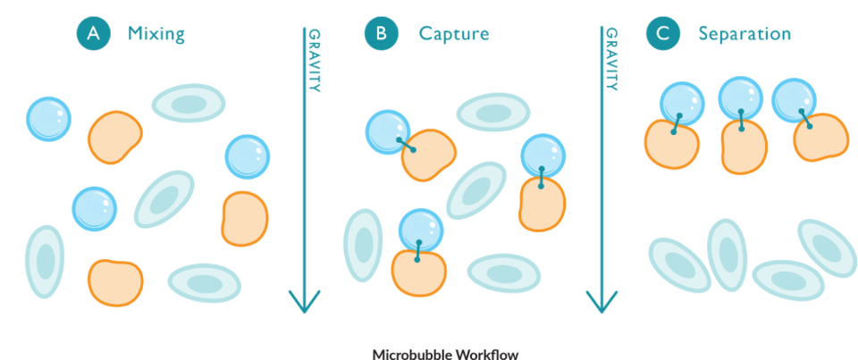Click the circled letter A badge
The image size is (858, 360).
94,35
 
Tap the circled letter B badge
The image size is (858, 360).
381,35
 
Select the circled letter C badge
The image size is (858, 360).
661,35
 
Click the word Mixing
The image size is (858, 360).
156,35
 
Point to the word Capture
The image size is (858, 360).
454,35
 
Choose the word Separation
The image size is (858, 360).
744,35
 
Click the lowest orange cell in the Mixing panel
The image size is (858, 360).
116,282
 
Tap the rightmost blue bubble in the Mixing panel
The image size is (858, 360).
248,156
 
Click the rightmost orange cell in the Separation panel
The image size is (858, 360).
820,136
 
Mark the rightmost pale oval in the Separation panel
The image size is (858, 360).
828,248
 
